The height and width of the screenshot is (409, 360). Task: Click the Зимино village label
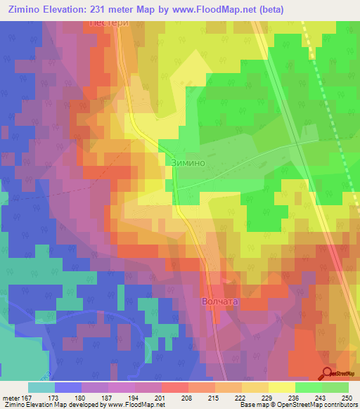click(x=187, y=161)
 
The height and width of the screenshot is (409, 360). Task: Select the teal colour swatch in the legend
click(x=41, y=387)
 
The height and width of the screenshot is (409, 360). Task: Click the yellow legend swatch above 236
click(x=281, y=387)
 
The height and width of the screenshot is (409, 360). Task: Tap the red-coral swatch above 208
click(x=174, y=387)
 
